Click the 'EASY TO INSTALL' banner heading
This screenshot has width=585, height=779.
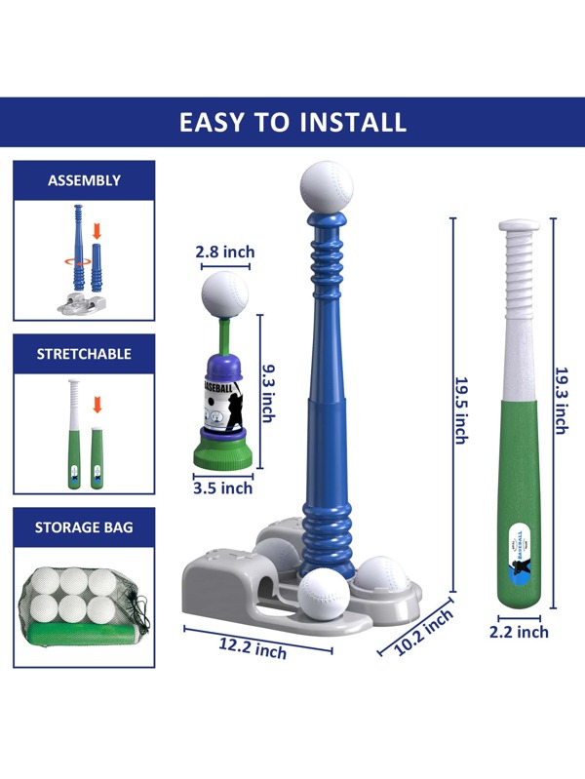pyautogui.click(x=292, y=122)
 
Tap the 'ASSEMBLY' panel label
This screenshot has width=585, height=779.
pyautogui.click(x=84, y=180)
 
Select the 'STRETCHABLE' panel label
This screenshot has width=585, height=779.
pyautogui.click(x=84, y=354)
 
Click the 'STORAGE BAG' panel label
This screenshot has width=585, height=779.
pyautogui.click(x=84, y=527)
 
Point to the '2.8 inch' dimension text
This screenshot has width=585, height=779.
pyautogui.click(x=225, y=252)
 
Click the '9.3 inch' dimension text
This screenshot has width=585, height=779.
pyautogui.click(x=269, y=394)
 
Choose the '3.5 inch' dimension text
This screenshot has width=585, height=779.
pyautogui.click(x=223, y=488)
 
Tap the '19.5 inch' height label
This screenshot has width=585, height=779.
pyautogui.click(x=462, y=410)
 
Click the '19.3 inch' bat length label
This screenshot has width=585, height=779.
pyautogui.click(x=563, y=401)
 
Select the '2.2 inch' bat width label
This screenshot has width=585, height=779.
pyautogui.click(x=519, y=632)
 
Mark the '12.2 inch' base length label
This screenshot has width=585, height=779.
pyautogui.click(x=253, y=648)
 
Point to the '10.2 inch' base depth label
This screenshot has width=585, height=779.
pyautogui.click(x=424, y=632)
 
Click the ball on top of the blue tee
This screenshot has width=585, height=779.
pyautogui.click(x=327, y=187)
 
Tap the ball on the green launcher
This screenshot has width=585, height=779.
pyautogui.click(x=224, y=294)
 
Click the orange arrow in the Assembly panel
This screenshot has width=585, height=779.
pyautogui.click(x=97, y=231)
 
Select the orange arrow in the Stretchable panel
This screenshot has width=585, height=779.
pyautogui.click(x=97, y=405)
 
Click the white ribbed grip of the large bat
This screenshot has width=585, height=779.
pyautogui.click(x=519, y=271)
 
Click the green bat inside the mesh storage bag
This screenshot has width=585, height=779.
pyautogui.click(x=83, y=635)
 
